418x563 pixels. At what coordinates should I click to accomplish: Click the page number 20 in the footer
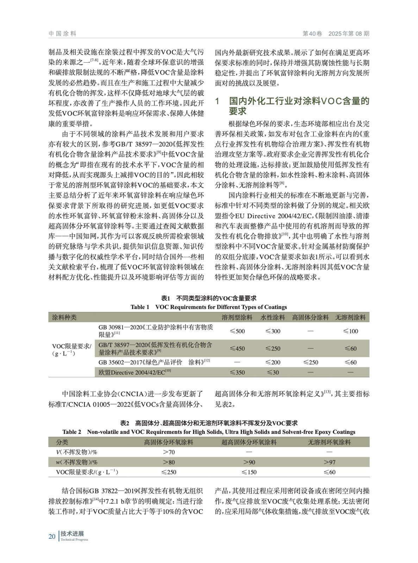click(x=52, y=536)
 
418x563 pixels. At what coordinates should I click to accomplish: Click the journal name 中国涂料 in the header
click(x=62, y=34)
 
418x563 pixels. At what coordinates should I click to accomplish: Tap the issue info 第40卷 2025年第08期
click(x=336, y=34)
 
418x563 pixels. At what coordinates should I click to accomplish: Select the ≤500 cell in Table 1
click(x=237, y=331)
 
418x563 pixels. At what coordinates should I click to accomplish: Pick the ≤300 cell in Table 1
click(x=273, y=331)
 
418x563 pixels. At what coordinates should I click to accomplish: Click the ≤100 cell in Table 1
click(x=350, y=331)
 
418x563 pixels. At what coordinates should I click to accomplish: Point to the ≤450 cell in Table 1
click(x=237, y=348)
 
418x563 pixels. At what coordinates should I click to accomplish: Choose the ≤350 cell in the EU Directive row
click(x=237, y=372)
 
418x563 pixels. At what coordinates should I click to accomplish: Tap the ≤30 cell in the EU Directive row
click(x=273, y=372)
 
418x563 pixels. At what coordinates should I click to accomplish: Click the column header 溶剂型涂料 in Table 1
click(x=237, y=317)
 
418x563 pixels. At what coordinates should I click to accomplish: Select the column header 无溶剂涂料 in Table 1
click(x=350, y=317)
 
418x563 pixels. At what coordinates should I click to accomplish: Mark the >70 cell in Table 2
click(x=169, y=452)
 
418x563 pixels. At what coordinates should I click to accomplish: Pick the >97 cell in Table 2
click(x=329, y=462)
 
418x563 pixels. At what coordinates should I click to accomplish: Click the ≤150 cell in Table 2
click(x=249, y=472)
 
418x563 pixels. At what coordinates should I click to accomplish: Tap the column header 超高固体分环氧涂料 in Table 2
click(x=249, y=442)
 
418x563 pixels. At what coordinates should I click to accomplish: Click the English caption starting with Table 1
click(x=209, y=307)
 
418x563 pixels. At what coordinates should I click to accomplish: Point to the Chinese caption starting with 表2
click(x=209, y=423)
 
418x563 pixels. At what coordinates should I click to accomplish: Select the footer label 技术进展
click(x=72, y=534)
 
